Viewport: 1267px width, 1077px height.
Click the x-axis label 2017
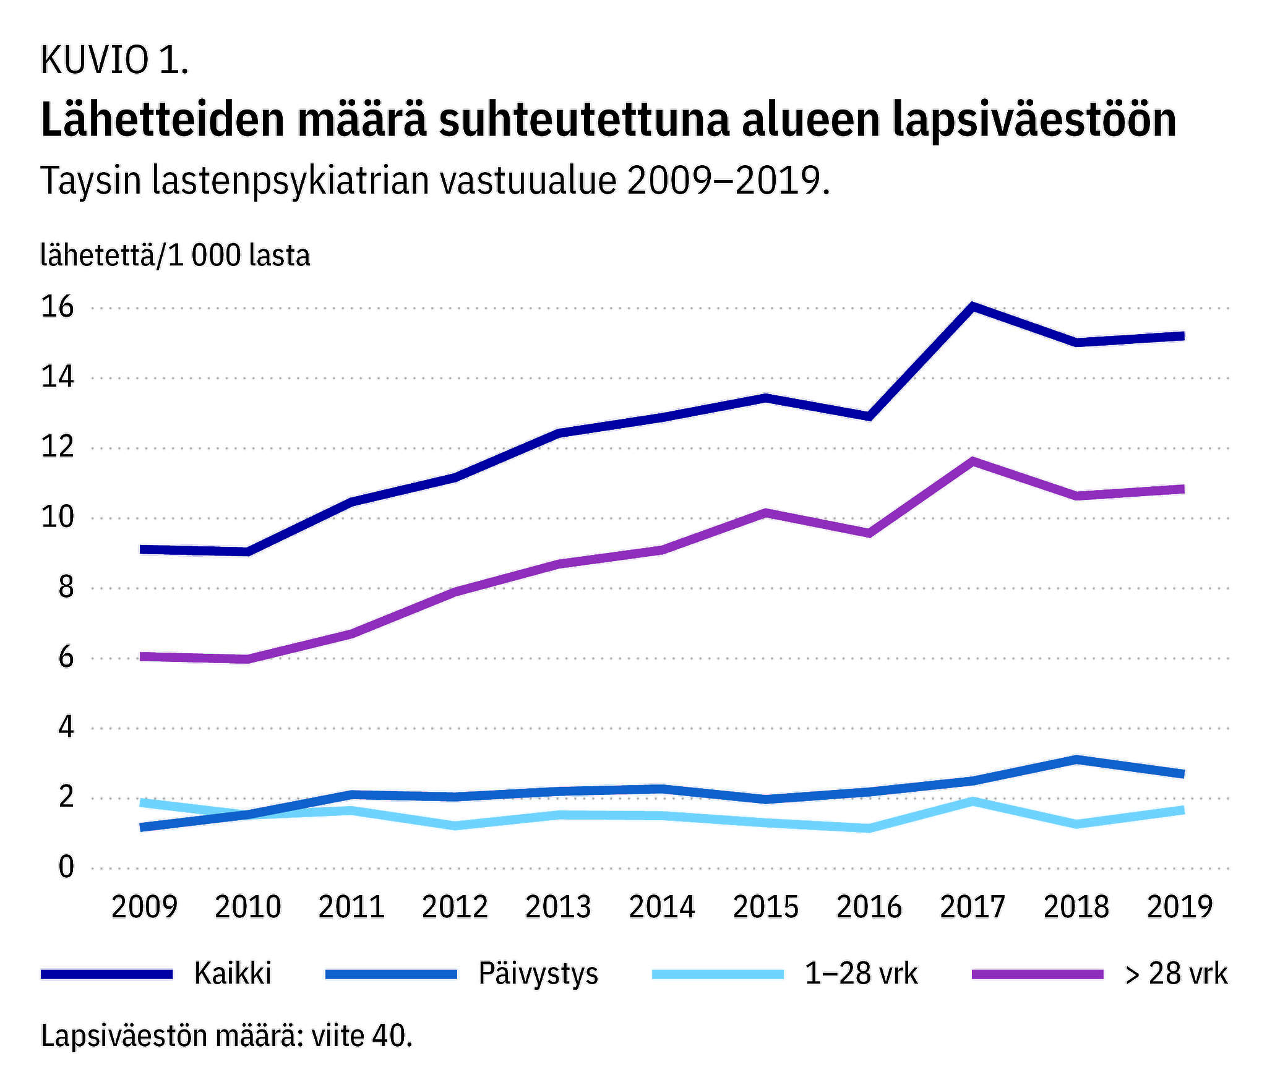[x=973, y=907]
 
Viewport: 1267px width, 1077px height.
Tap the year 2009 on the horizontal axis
[x=144, y=907]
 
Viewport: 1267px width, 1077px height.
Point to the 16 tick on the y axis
[x=58, y=307]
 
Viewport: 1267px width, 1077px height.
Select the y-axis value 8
[x=66, y=588]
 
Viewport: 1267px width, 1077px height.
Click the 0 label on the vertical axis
[x=66, y=867]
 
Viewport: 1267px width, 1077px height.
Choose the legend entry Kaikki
[x=233, y=974]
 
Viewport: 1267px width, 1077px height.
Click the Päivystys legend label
[x=538, y=974]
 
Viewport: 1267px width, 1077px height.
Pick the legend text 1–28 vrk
[x=861, y=974]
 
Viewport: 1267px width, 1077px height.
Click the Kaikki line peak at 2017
[x=973, y=306]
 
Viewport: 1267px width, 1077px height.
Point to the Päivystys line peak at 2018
[x=1076, y=760]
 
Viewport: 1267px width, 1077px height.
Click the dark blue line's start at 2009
[x=144, y=549]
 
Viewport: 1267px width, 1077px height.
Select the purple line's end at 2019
[x=1182, y=489]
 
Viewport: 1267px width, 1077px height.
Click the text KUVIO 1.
[x=114, y=61]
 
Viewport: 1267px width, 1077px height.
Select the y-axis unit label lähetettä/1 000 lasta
[x=175, y=255]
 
